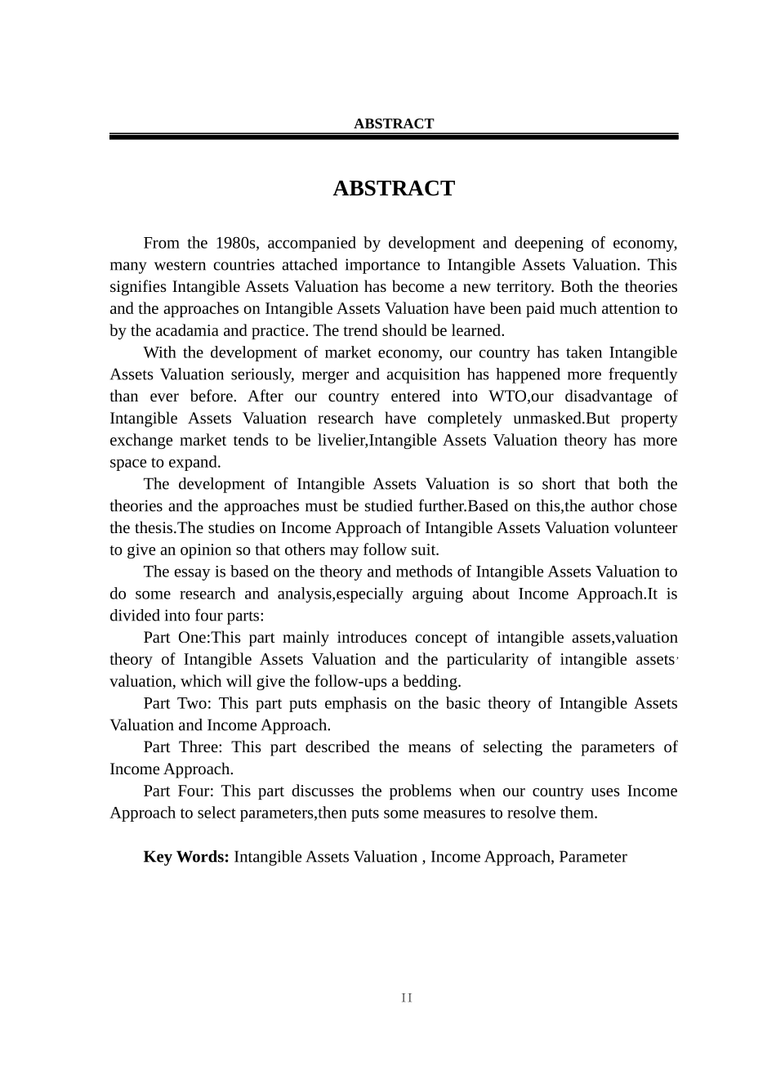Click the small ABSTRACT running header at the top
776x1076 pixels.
(x=394, y=123)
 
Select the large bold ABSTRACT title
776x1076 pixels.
(x=394, y=188)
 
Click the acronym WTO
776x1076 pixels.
(x=509, y=397)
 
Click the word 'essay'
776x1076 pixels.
(x=193, y=572)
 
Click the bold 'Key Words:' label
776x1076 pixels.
(x=186, y=857)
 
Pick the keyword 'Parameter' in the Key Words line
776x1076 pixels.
(x=593, y=857)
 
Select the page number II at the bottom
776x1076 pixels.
(x=407, y=998)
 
